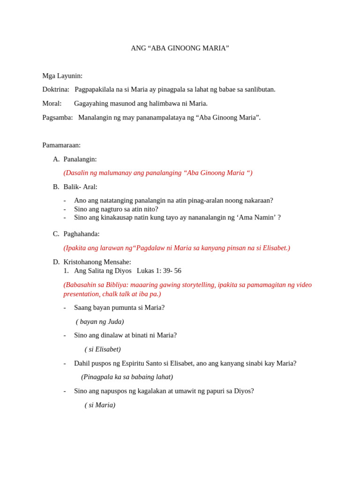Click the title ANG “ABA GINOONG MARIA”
click(x=180, y=48)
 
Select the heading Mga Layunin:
click(x=62, y=76)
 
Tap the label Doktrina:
click(x=56, y=90)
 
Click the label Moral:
click(x=52, y=104)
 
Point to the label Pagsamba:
click(x=58, y=118)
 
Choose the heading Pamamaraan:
click(x=61, y=145)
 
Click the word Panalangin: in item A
click(x=80, y=159)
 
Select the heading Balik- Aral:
click(x=81, y=187)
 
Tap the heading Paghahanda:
click(x=82, y=234)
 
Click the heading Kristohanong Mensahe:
click(x=97, y=262)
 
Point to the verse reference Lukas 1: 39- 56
click(x=159, y=271)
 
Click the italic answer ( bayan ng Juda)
click(x=100, y=322)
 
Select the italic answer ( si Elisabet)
click(x=103, y=349)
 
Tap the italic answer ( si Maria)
click(x=100, y=405)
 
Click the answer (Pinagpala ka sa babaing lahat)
click(x=127, y=377)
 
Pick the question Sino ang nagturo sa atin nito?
click(x=116, y=209)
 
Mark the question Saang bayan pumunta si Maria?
click(x=120, y=307)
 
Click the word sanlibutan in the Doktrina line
click(x=258, y=90)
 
